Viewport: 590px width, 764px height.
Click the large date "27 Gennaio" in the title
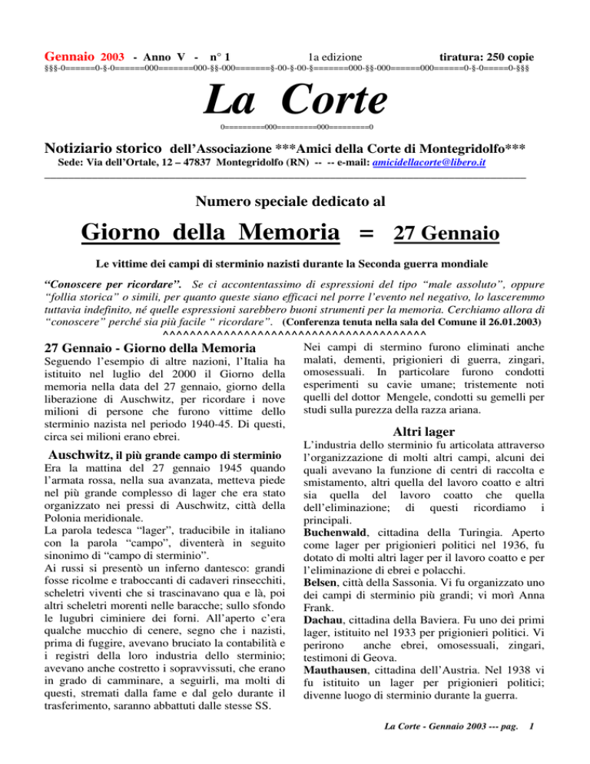point(448,232)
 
